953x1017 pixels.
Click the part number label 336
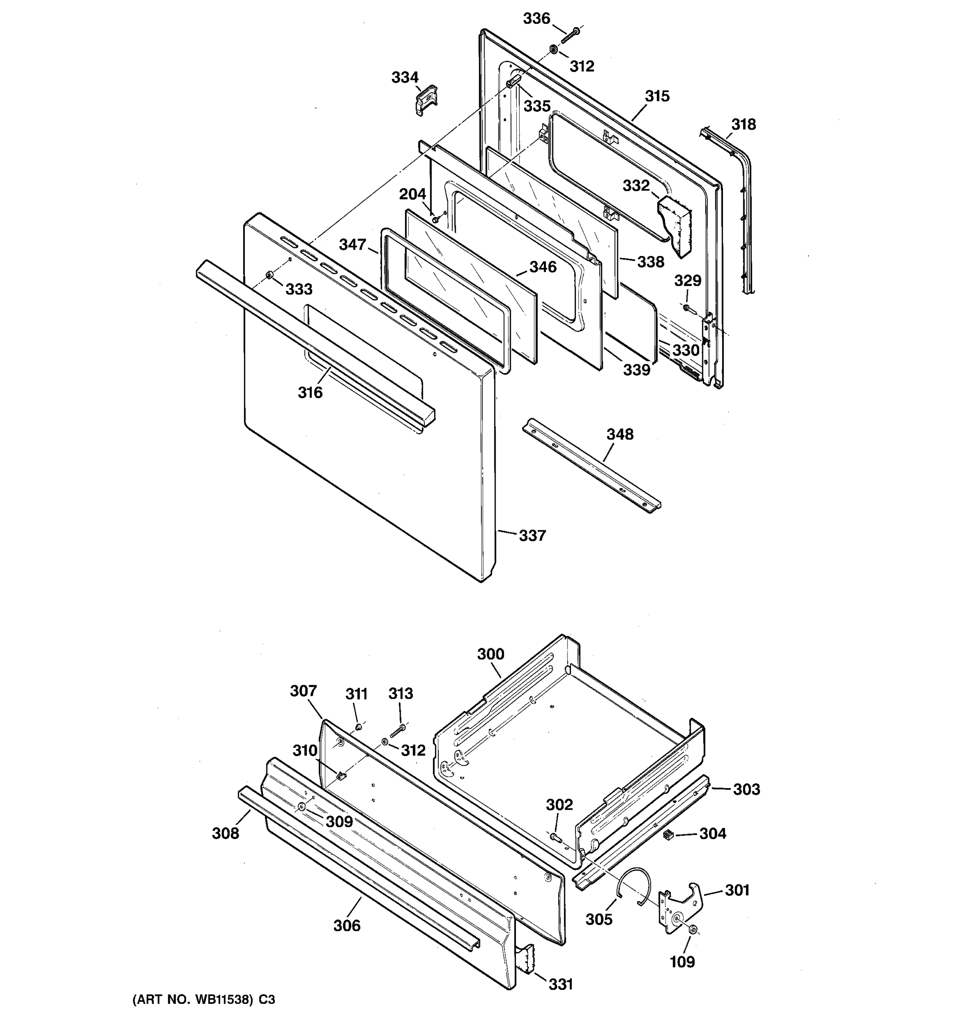[x=536, y=19]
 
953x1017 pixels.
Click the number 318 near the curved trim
[x=743, y=124]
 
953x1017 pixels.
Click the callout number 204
[x=413, y=194]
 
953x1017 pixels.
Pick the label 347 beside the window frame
[x=352, y=245]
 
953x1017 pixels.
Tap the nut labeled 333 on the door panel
[x=269, y=277]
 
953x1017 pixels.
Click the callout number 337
[x=532, y=536]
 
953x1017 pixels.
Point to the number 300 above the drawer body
[x=491, y=654]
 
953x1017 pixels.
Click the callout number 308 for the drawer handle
[x=225, y=834]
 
